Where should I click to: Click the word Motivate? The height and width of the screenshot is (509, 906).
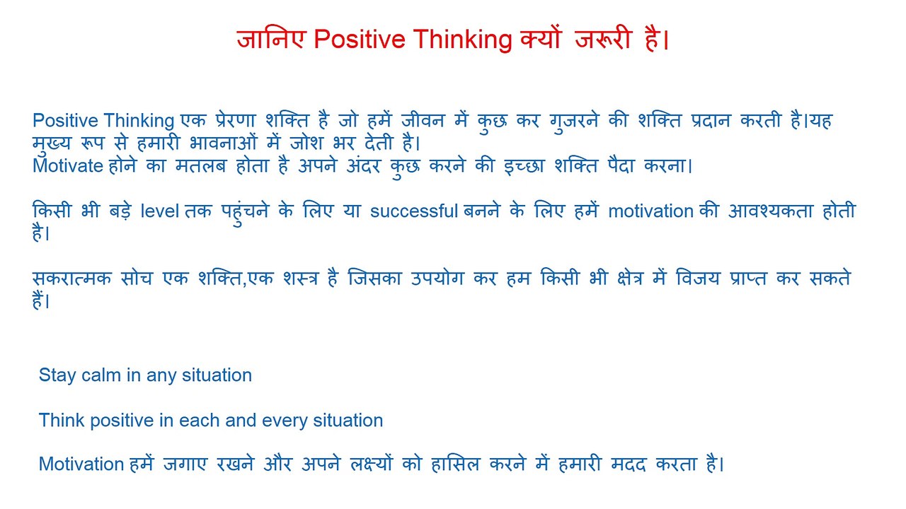[68, 167]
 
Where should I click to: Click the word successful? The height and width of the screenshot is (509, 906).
[414, 211]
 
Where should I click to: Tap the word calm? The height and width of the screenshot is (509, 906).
[101, 375]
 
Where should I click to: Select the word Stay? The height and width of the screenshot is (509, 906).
[57, 375]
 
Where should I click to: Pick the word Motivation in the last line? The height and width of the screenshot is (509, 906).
[81, 464]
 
